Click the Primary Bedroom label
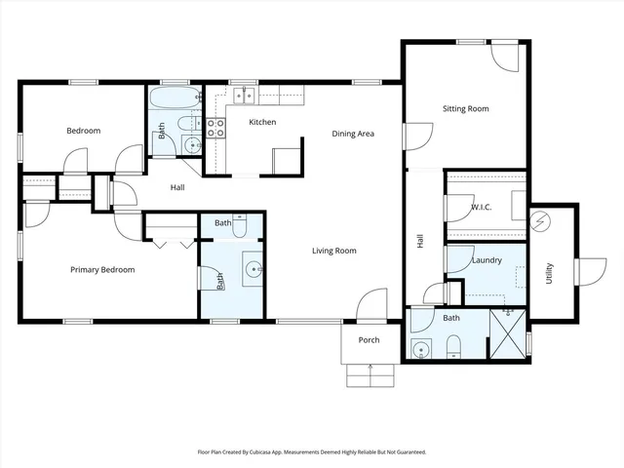(101, 270)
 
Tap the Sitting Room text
(465, 109)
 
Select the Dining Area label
(353, 134)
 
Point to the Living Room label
(333, 252)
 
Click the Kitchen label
(262, 122)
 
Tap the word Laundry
(486, 260)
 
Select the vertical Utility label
(550, 270)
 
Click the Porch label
(370, 340)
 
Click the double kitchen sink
(244, 96)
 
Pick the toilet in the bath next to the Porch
(453, 346)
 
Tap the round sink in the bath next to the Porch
(421, 348)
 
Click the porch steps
(370, 373)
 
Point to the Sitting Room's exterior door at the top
(507, 57)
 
